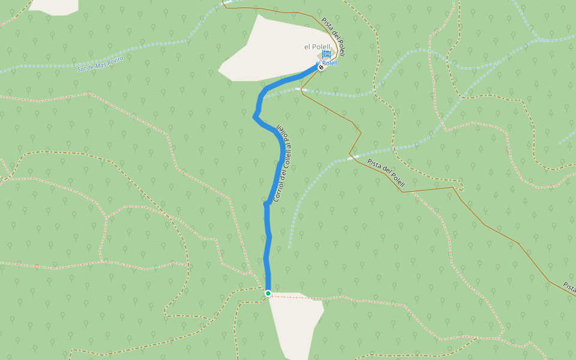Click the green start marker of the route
click(268, 293)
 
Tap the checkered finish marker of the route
click(321, 68)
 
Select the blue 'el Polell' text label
click(326, 63)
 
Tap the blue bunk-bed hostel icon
click(326, 55)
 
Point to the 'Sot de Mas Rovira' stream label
click(100, 62)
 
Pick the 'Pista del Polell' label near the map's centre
click(386, 172)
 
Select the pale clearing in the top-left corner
click(54, 6)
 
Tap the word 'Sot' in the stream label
click(82, 68)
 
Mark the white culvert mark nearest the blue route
click(301, 89)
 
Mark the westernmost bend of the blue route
click(255, 115)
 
